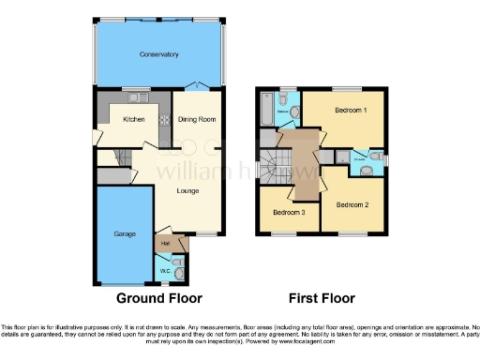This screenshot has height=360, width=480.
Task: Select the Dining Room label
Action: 197,120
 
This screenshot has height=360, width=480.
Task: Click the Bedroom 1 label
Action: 351,111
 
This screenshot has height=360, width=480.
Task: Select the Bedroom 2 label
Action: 352,204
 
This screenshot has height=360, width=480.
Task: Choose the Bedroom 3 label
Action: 289,213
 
